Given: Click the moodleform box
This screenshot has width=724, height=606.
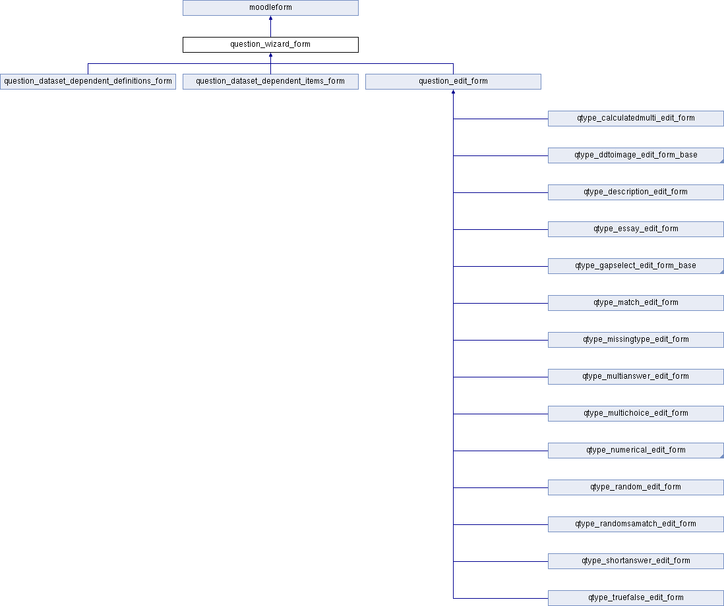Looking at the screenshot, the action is pyautogui.click(x=270, y=8).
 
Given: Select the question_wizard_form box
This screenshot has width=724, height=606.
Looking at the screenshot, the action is pyautogui.click(x=270, y=45).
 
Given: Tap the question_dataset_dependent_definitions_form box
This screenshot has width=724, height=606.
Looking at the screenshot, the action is pyautogui.click(x=88, y=82).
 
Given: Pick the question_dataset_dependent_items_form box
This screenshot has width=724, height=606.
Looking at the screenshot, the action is pyautogui.click(x=270, y=82).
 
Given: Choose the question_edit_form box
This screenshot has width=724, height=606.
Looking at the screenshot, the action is pyautogui.click(x=453, y=82).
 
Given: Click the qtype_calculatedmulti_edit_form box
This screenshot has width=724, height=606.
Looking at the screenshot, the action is pyautogui.click(x=636, y=119).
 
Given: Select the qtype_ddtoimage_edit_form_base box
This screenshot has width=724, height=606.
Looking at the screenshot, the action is pyautogui.click(x=636, y=155).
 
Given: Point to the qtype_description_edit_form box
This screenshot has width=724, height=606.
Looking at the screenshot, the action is pyautogui.click(x=636, y=192).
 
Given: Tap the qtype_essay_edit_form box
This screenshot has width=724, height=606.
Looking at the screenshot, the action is pyautogui.click(x=636, y=229).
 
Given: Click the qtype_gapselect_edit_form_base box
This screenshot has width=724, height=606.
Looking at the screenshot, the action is pyautogui.click(x=636, y=266).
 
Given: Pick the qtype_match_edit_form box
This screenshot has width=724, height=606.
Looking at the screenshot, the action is pyautogui.click(x=636, y=303).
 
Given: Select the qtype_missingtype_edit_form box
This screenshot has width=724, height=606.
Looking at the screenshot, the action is pyautogui.click(x=636, y=340).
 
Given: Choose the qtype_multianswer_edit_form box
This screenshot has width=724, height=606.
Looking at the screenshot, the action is pyautogui.click(x=636, y=377).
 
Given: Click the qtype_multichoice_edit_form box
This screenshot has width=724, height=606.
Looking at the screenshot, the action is pyautogui.click(x=636, y=414).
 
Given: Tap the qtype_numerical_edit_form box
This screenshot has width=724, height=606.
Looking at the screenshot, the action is pyautogui.click(x=636, y=451).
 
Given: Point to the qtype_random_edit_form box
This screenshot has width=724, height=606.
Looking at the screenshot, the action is pyautogui.click(x=636, y=487).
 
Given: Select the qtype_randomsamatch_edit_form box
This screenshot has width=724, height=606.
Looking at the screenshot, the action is pyautogui.click(x=636, y=524).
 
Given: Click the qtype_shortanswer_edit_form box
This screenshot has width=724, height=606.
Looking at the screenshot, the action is pyautogui.click(x=636, y=561).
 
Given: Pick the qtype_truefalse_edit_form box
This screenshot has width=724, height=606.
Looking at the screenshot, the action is pyautogui.click(x=636, y=598).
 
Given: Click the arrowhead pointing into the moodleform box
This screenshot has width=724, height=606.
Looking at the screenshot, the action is pyautogui.click(x=270, y=18).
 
